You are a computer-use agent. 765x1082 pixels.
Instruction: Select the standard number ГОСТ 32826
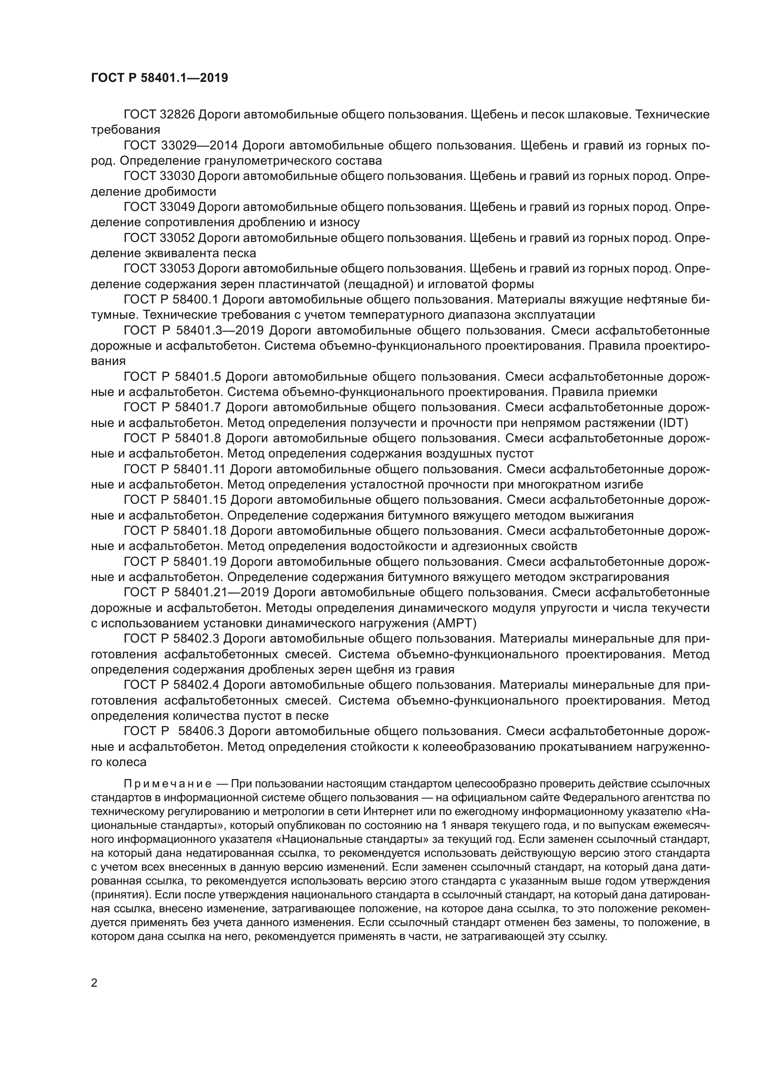pyautogui.click(x=159, y=115)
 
